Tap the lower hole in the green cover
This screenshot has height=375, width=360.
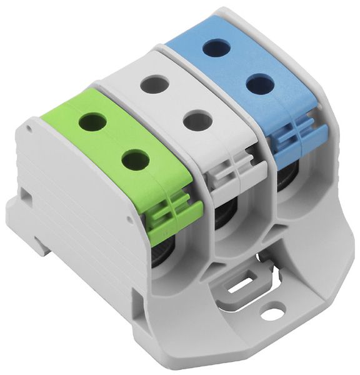point(134,160)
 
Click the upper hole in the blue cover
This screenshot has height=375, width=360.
point(216,47)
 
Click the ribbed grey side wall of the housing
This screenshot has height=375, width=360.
point(75,206)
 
